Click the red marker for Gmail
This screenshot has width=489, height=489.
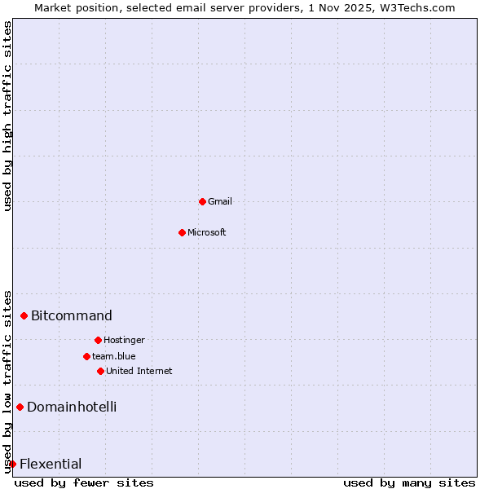point(202,201)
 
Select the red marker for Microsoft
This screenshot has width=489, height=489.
point(182,232)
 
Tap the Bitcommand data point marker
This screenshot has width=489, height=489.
point(24,315)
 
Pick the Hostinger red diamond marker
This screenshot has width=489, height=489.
point(98,340)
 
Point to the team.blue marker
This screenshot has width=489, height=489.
point(86,356)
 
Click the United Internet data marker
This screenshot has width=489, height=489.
point(100,371)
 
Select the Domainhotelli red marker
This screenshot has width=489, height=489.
point(20,407)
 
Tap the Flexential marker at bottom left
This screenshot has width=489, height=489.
point(12,464)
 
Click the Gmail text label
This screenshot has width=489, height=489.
point(220,201)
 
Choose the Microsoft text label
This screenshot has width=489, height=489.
point(207,232)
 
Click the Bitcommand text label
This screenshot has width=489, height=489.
point(72,315)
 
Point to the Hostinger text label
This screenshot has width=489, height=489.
point(124,340)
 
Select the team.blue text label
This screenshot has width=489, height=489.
point(114,356)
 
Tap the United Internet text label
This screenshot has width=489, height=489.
point(139,371)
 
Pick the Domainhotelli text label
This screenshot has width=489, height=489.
point(72,407)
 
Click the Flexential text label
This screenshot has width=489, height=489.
point(51,464)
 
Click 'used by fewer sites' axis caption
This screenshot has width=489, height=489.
point(84,482)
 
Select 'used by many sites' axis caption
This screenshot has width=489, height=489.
point(409,482)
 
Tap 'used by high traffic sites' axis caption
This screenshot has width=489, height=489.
point(8,116)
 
